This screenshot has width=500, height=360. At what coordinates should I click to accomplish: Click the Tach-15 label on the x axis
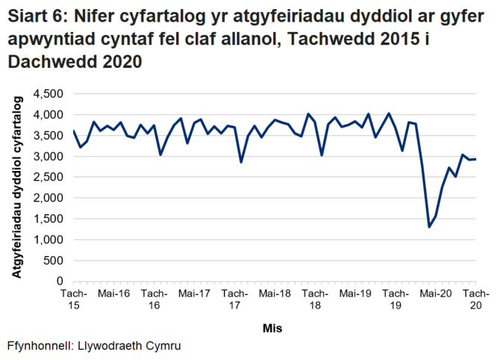73,299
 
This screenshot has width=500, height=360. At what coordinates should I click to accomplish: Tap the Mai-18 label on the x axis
275,294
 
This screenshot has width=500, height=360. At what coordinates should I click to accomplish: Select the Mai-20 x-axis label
436,294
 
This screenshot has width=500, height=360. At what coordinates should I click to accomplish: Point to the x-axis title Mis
272,328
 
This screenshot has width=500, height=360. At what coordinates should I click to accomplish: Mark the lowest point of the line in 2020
429,227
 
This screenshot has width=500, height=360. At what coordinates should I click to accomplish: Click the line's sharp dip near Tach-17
241,162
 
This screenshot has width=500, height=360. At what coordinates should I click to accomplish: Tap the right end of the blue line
476,159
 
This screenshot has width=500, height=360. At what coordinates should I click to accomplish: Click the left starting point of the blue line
73,131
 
